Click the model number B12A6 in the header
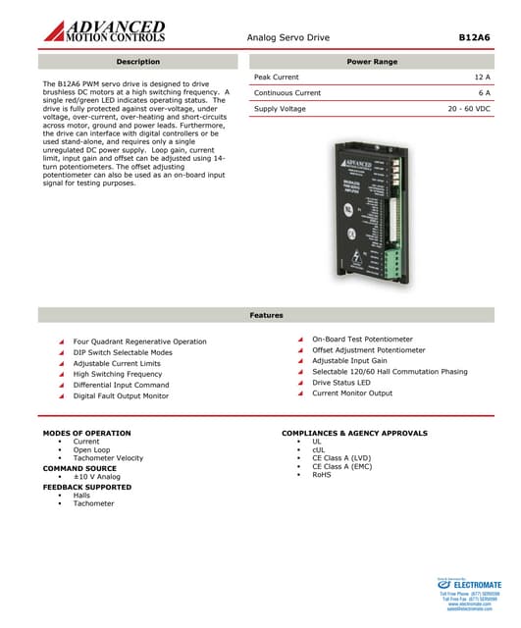point(474,36)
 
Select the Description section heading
point(137,62)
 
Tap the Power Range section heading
point(372,62)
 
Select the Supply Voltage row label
point(280,108)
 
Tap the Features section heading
point(266,315)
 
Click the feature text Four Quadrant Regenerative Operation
point(139,341)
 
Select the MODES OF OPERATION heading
point(86,433)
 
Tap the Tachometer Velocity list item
point(108,458)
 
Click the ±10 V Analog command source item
point(96,477)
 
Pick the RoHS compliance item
point(322,475)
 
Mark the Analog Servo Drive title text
point(287,36)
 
